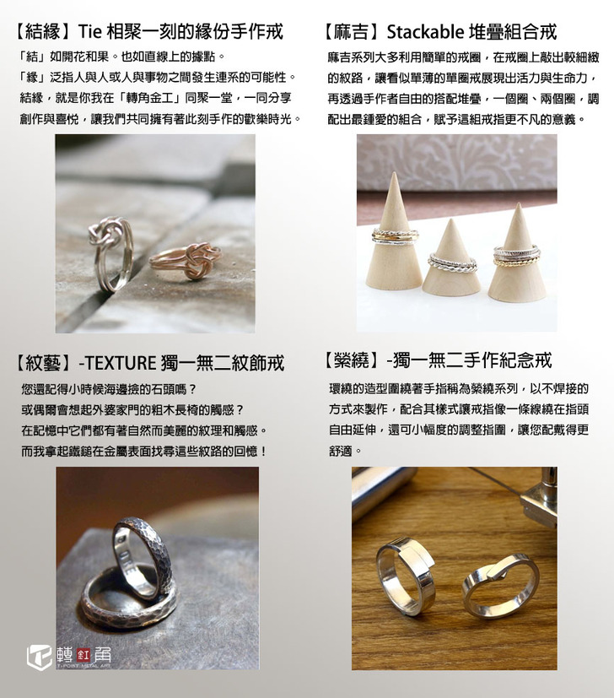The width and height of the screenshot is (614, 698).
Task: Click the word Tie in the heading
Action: click(91, 32)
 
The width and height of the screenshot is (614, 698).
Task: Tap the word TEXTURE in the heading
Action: click(120, 363)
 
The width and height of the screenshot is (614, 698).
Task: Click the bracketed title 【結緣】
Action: click(43, 32)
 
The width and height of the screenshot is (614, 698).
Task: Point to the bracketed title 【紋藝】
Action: click(43, 363)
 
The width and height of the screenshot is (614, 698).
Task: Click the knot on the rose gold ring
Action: click(195, 260)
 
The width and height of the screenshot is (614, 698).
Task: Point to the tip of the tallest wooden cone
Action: click(393, 173)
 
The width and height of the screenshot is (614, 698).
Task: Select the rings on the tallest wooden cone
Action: click(396, 235)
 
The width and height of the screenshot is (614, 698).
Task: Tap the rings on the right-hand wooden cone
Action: click(516, 256)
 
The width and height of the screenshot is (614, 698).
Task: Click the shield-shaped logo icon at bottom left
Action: click(40, 657)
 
